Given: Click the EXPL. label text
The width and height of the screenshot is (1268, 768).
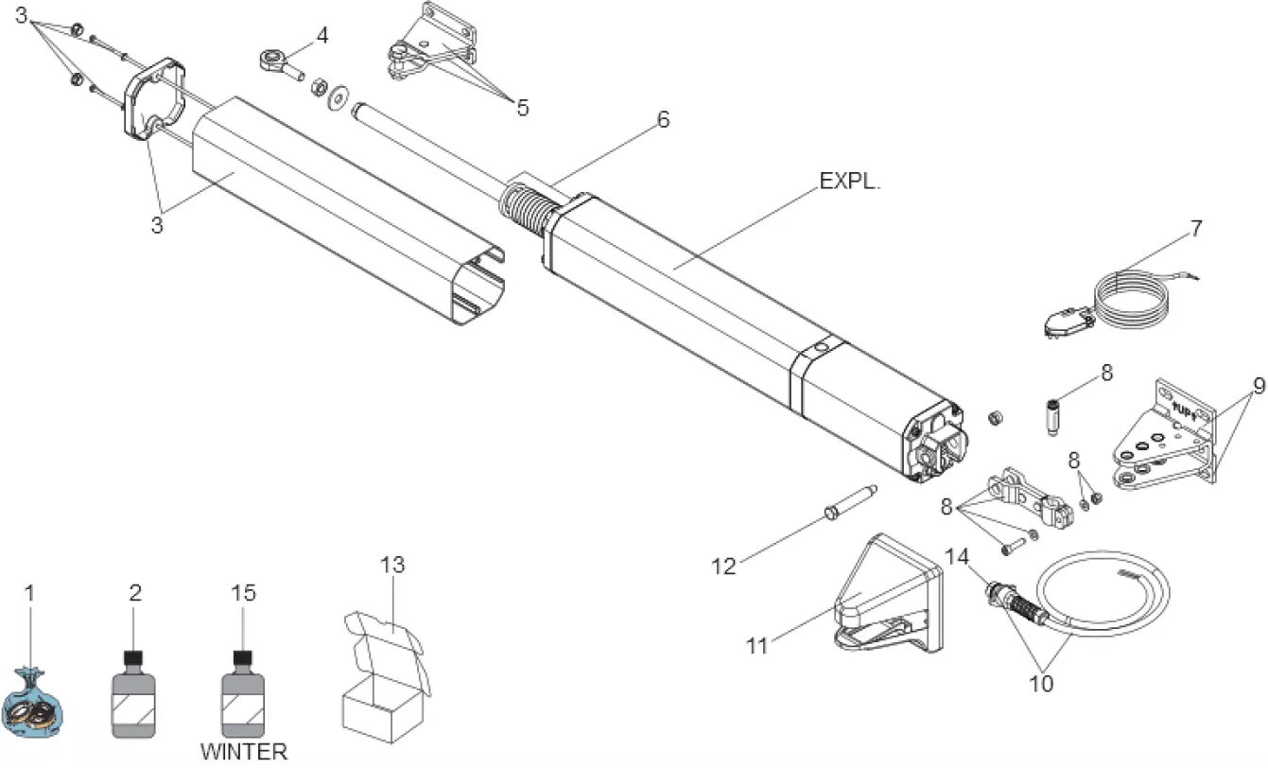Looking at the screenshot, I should coord(849,183).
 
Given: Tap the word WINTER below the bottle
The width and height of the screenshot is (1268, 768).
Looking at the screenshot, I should coord(243,753).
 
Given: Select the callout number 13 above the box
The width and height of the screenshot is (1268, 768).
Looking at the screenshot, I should coord(391,566).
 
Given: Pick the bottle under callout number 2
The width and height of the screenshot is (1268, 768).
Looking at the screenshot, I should coord(134,693).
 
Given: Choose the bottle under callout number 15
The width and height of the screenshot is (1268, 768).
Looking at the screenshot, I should coord(243,693).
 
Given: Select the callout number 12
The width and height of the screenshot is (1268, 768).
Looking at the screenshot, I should coord(722,567).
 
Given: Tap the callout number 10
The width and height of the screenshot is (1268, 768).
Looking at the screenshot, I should coord(1041,682).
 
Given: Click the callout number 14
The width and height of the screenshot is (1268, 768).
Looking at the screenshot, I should coord(958,558).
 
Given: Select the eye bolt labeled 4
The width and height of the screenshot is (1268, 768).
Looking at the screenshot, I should coord(277,62).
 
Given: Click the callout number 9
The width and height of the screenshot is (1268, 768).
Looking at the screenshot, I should coord(1259,386).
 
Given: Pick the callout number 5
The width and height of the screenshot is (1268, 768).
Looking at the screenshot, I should coord(522,107).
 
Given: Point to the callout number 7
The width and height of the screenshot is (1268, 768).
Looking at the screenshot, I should coord(1196,229).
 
